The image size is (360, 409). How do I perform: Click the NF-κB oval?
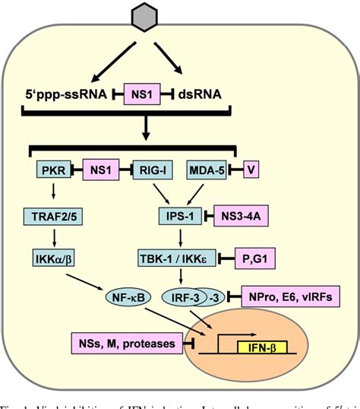124,300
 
